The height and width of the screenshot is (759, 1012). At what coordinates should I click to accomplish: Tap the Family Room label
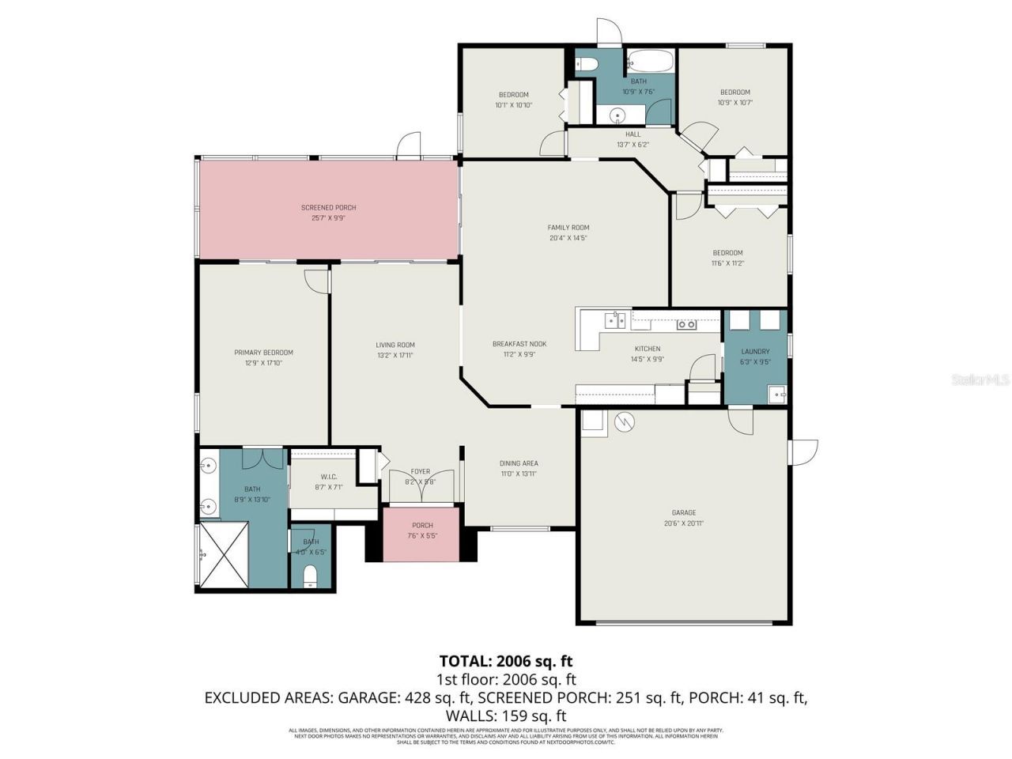568,228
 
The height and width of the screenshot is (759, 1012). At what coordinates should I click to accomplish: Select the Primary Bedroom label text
263,353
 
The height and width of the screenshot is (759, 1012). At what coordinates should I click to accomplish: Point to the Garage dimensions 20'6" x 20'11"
684,523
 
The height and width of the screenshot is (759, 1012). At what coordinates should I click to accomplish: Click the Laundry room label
755,352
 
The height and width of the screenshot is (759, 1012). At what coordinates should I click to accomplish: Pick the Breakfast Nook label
519,344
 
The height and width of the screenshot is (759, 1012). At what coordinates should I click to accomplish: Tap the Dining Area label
519,463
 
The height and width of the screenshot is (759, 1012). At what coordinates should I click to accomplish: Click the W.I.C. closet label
329,477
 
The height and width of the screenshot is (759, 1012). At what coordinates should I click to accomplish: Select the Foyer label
420,472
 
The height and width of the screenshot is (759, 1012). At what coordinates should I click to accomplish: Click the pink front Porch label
422,526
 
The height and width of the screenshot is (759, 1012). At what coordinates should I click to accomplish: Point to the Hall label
632,134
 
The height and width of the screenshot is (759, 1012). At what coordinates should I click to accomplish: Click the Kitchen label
648,349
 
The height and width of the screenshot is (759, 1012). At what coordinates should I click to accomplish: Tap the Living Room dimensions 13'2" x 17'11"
395,356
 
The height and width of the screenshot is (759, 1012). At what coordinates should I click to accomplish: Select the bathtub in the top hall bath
650,61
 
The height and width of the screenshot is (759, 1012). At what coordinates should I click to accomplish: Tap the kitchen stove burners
686,324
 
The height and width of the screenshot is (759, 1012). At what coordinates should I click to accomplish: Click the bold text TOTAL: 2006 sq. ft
506,661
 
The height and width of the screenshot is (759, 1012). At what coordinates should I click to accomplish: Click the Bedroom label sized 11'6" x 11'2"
727,253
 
